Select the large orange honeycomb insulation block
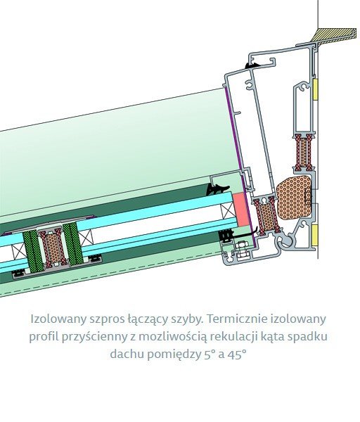[294, 196]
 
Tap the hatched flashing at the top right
[333, 34]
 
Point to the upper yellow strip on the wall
[316, 89]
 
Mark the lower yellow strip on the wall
[315, 235]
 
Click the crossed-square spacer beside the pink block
[227, 211]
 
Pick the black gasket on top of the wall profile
[252, 65]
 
